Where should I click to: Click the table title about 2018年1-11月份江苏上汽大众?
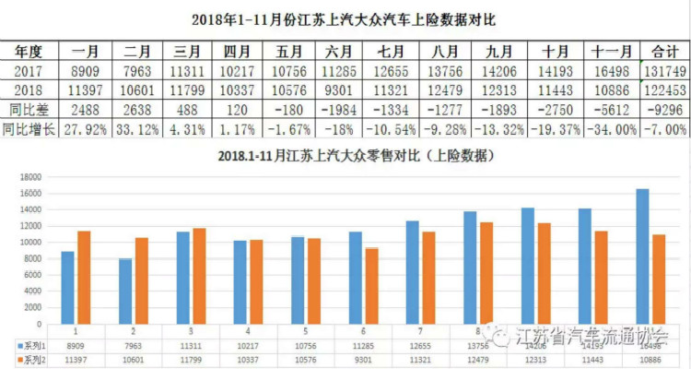coord(345,18)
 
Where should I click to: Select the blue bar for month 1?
coord(68,286)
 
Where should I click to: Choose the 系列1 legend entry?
coord(29,343)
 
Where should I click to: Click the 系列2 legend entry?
coord(29,356)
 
